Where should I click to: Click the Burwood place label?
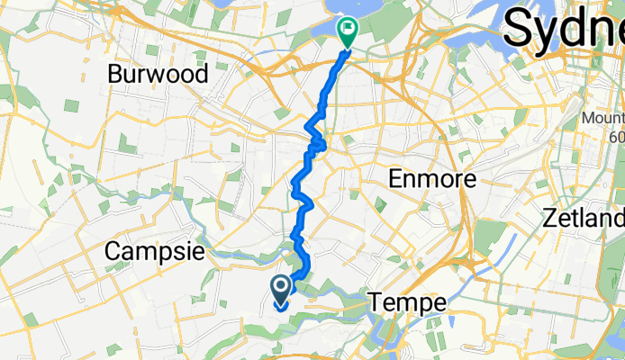(x=158, y=73)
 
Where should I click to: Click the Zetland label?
(x=584, y=218)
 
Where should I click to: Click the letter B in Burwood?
(x=114, y=73)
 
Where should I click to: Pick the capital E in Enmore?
(x=394, y=179)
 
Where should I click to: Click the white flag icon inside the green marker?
(x=347, y=29)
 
